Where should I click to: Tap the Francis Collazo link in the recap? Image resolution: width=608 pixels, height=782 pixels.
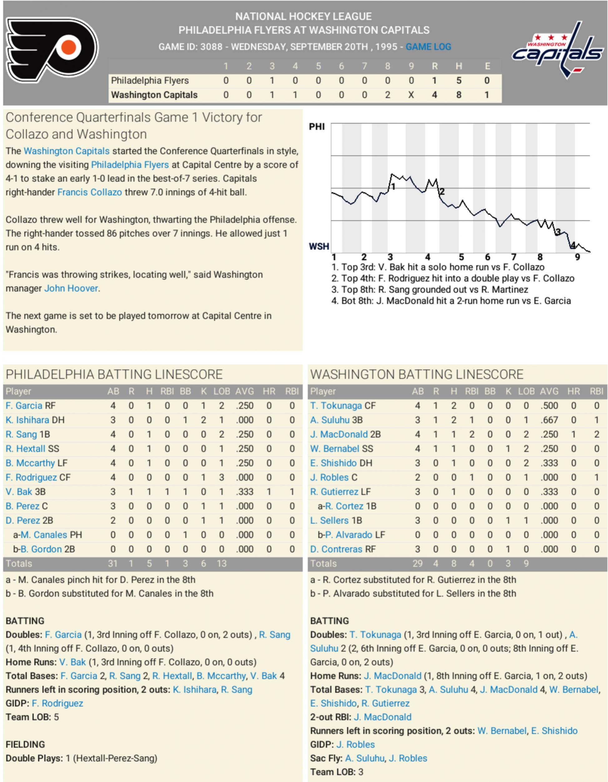tap(90, 192)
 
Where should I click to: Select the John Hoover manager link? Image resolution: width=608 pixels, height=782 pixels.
tap(71, 288)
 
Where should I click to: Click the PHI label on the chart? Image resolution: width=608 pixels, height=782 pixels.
tap(317, 127)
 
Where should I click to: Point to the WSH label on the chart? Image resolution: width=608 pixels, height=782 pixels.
tap(319, 246)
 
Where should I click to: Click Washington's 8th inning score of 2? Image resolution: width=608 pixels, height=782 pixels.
tap(388, 95)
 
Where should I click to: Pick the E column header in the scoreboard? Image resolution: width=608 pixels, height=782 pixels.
tap(487, 66)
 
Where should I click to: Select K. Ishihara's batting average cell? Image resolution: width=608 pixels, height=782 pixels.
tap(245, 420)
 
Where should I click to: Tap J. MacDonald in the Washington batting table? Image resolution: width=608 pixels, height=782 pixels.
tap(339, 434)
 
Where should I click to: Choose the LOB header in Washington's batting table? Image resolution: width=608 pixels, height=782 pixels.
tap(526, 391)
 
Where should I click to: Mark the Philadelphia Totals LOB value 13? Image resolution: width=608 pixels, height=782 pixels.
tap(221, 563)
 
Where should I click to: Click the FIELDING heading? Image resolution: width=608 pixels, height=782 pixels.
tap(25, 745)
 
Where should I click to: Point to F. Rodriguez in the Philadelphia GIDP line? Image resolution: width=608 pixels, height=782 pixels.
tap(57, 703)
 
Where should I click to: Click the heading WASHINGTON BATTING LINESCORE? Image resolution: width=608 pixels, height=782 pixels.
tap(417, 375)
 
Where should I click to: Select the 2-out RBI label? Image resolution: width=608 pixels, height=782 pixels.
tap(330, 717)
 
